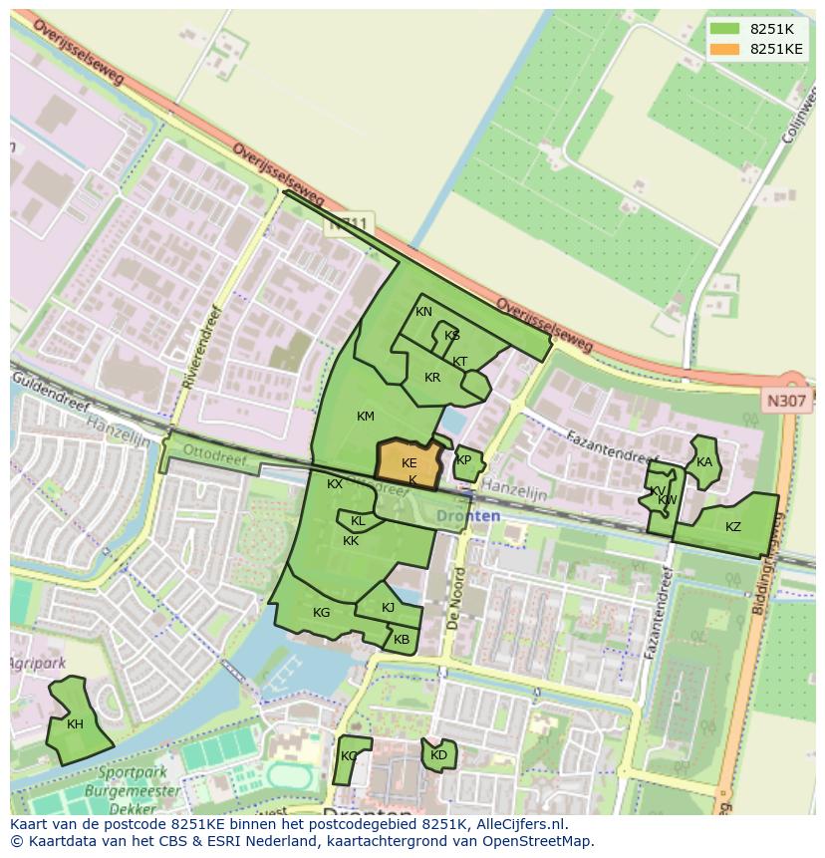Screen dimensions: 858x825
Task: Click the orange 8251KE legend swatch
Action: pos(725,49)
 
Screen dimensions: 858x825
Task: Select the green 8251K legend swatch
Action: pos(725,29)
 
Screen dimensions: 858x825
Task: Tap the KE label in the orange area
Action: pos(409,463)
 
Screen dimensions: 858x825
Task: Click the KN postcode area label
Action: pos(423,312)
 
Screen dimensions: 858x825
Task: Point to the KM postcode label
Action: pos(365,417)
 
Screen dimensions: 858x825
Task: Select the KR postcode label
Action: pos(431,378)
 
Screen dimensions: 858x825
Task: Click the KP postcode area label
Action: pos(463,460)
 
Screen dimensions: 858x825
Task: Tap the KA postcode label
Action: pos(704,461)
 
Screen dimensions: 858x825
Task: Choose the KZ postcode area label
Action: pos(732,527)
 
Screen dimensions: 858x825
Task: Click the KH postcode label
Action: pos(75,724)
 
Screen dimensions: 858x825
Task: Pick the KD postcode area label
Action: pos(438,755)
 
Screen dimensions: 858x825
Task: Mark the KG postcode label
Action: pos(321,613)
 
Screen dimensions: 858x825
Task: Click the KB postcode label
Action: pos(401,640)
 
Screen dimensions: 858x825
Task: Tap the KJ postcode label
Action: pos(388,608)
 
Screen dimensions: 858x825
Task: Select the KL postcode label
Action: pos(358,521)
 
